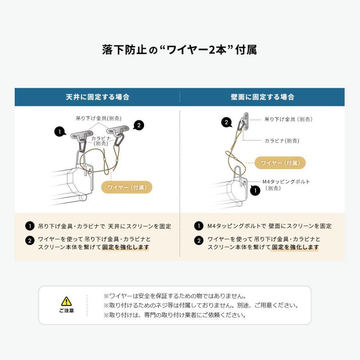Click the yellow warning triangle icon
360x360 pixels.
(66, 301)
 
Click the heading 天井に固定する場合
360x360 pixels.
(97, 97)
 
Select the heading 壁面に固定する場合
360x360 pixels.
(262, 97)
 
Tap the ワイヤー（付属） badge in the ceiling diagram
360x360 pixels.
(127, 187)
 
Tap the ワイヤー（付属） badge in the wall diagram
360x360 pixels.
(280, 163)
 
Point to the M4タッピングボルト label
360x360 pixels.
(286, 182)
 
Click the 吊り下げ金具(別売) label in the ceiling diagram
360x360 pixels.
(99, 118)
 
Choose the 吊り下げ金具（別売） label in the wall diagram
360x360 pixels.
(288, 119)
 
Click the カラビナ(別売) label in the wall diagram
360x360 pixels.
(282, 141)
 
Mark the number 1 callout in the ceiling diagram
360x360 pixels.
(60, 131)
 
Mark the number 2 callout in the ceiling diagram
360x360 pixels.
(138, 125)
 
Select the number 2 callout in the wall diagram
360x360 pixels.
(226, 122)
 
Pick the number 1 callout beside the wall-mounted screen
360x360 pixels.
(255, 190)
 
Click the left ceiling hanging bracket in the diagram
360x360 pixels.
(80, 134)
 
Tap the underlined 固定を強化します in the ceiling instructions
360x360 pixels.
(126, 247)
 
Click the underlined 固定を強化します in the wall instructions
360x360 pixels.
(295, 247)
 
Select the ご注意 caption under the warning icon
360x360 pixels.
(66, 310)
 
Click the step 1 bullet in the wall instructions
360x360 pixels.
(198, 226)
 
